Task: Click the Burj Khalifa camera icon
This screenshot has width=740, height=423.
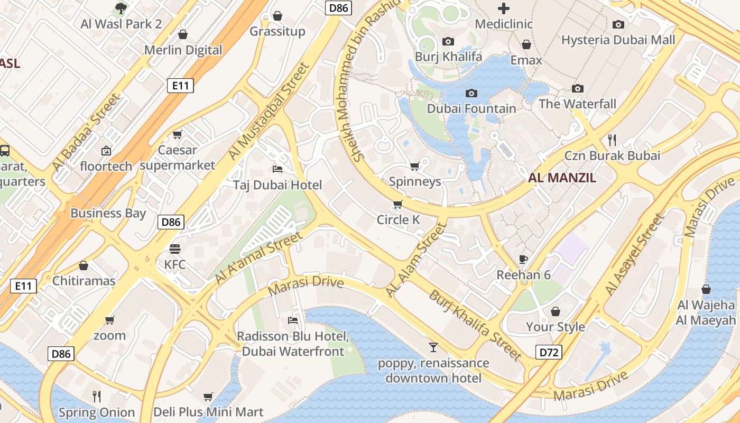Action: pos(448,41)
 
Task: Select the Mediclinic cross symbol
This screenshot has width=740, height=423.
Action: pos(504,8)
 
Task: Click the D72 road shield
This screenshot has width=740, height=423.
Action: pos(549,352)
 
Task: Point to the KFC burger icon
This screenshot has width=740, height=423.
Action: pos(174,249)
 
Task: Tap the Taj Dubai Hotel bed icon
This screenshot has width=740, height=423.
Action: pos(277,169)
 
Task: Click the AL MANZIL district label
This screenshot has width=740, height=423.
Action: pos(562,178)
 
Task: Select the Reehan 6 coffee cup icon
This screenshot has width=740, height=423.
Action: pos(523,259)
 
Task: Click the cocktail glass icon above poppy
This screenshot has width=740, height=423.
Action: pos(433,347)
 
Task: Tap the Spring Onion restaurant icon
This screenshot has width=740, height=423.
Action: pos(97,396)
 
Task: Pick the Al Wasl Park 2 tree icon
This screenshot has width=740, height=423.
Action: pos(121,8)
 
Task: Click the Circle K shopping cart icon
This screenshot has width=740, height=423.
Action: pos(397,204)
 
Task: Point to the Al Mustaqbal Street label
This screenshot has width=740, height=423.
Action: pos(268,112)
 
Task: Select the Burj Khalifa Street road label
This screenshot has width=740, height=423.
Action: pos(475,325)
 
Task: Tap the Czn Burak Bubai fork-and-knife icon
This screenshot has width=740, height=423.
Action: pos(612,140)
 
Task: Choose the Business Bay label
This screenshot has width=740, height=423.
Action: pos(108,213)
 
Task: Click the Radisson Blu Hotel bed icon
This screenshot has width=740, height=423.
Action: pos(292,320)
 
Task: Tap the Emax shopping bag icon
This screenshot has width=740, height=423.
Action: pos(526,44)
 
